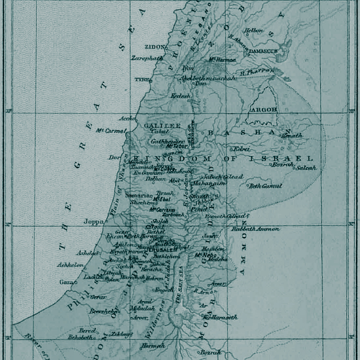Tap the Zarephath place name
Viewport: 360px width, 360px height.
tap(147, 58)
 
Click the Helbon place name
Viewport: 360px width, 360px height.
tap(254, 30)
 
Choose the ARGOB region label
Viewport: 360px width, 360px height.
tap(264, 110)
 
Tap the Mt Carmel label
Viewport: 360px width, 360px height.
tap(110, 130)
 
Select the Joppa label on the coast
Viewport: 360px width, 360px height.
tap(94, 221)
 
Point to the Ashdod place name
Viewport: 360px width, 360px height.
tap(88, 253)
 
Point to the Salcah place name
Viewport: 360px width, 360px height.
tap(305, 168)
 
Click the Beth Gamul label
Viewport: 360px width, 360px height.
tap(264, 186)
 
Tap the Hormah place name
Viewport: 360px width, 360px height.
tap(154, 345)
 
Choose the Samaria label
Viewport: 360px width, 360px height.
tap(140, 195)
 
